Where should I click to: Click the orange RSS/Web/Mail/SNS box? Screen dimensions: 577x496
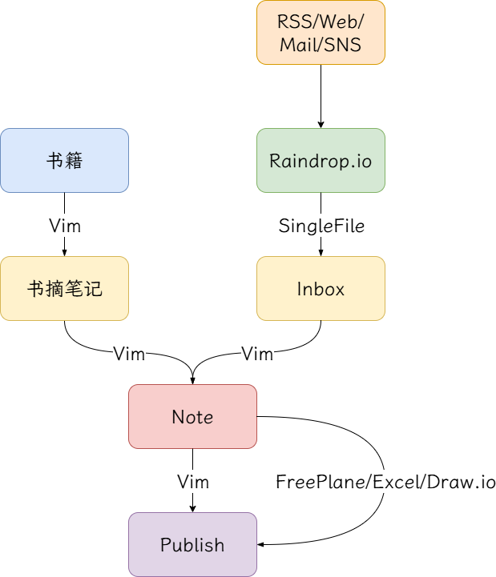[321, 32]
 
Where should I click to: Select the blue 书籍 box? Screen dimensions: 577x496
[64, 160]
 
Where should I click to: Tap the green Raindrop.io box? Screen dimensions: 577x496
[321, 160]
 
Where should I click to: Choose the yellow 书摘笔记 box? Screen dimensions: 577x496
[64, 288]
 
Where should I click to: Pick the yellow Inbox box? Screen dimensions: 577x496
[321, 288]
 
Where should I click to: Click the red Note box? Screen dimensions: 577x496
[192, 416]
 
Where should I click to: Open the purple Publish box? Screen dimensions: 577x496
[192, 544]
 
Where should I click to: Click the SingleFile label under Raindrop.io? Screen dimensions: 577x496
[321, 226]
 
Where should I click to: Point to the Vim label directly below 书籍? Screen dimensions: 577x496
[65, 226]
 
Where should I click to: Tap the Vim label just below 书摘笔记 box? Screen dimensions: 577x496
[129, 354]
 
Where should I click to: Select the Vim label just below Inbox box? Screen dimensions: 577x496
[257, 354]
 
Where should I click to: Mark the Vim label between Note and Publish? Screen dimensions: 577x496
[193, 482]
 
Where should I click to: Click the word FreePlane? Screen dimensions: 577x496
[314, 482]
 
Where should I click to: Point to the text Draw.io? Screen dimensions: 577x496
[461, 482]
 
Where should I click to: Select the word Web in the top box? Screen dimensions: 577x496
[335, 22]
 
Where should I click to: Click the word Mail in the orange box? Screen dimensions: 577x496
[296, 44]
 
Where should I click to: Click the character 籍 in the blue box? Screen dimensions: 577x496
[74, 160]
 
